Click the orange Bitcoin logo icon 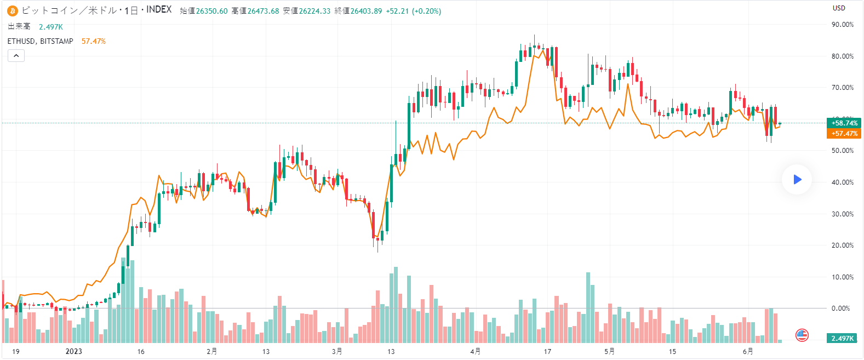(13, 11)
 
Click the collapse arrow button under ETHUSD (16, 55)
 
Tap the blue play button (797, 179)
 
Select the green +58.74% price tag (844, 123)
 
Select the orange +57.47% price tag (844, 133)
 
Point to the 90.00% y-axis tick (842, 25)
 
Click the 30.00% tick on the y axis (842, 214)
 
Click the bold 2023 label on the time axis (73, 351)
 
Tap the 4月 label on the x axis (475, 351)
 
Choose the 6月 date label (747, 351)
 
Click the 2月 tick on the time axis (211, 351)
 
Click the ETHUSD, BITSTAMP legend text (40, 41)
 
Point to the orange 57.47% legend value (94, 41)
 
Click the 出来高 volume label (19, 27)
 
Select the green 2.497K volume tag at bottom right (842, 338)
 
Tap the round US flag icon (802, 335)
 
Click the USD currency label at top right (839, 8)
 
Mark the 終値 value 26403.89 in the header (366, 11)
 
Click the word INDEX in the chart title (159, 10)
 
